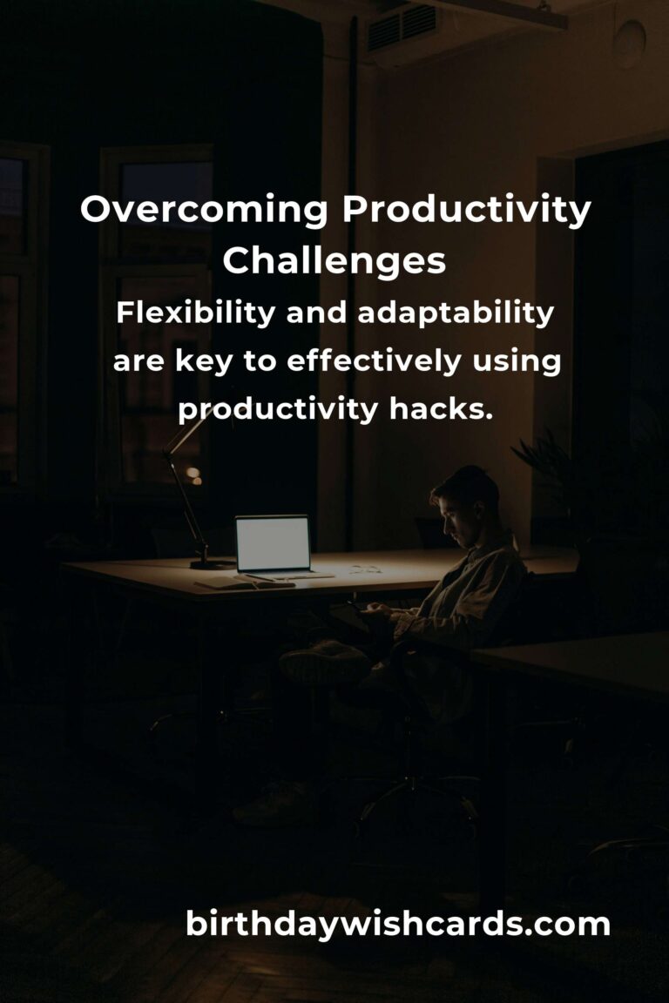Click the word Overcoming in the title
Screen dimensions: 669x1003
[204, 210]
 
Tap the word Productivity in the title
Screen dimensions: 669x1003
[466, 210]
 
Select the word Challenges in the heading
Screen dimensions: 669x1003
[334, 261]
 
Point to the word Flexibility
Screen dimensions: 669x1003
[196, 313]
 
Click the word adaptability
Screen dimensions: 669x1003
[456, 313]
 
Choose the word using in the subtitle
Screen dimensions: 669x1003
[517, 363]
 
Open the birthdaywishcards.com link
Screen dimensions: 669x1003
[397, 924]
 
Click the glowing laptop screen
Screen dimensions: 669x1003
[274, 543]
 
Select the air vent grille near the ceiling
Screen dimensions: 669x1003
[402, 27]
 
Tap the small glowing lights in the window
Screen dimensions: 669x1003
[194, 475]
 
